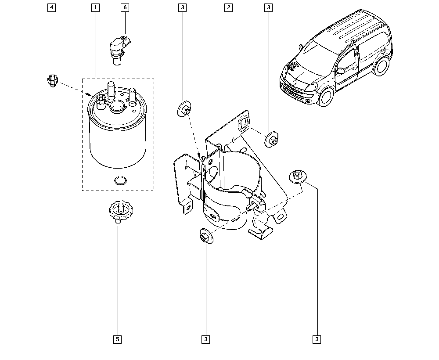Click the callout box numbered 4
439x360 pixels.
tap(52, 7)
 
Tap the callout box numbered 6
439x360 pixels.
tap(125, 7)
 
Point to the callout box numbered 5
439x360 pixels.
tap(117, 339)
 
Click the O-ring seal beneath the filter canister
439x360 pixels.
tap(119, 180)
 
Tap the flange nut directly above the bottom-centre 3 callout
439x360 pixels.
tap(205, 237)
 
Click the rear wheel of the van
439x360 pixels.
tap(382, 66)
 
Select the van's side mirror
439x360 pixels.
tap(340, 70)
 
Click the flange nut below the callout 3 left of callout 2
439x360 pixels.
tap(184, 109)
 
